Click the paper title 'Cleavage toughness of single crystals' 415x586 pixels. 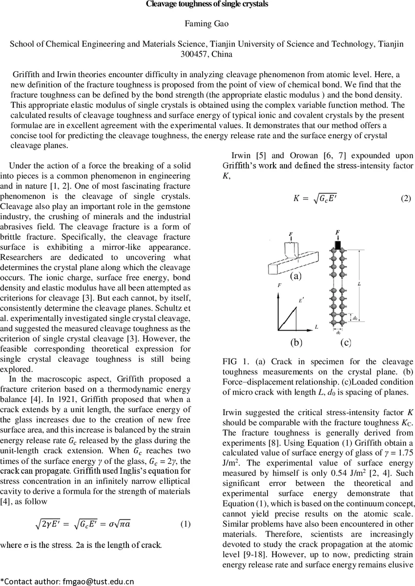coord(207,4)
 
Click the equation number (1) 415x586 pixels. coord(186,524)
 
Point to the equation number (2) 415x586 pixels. coord(406,198)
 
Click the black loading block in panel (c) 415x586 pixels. coord(337,243)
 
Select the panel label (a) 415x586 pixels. coord(296,276)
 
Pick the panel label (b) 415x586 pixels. coord(296,342)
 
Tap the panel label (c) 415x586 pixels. coord(345,342)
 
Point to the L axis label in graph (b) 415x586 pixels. coord(316,327)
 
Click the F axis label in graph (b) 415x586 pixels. coord(279,285)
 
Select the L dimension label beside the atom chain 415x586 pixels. coord(359,283)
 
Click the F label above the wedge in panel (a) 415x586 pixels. coord(290,235)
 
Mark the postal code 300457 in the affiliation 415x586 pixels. coord(207,54)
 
